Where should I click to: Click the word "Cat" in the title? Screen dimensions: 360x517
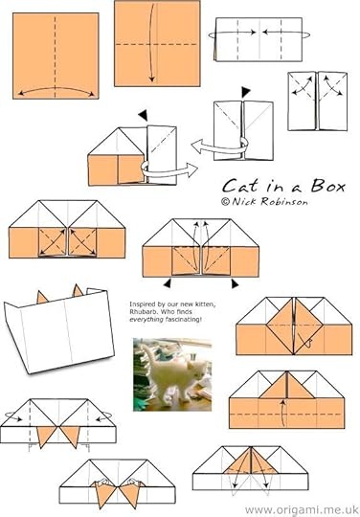[x=240, y=186]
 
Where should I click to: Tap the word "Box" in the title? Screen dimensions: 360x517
[x=328, y=186]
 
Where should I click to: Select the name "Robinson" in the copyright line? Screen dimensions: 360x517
[x=284, y=201]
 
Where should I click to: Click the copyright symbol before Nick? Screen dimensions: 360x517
[x=225, y=201]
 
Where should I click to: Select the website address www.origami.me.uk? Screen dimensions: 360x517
[x=302, y=509]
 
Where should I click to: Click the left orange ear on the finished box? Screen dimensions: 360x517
[x=42, y=298]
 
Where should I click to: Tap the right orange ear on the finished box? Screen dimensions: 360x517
[x=78, y=291]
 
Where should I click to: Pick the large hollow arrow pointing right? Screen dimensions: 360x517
[x=169, y=169]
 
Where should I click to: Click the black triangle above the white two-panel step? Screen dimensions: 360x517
[x=246, y=92]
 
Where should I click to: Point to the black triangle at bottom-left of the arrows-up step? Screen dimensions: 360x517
[x=168, y=283]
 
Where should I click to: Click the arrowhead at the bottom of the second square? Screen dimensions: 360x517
[x=151, y=79]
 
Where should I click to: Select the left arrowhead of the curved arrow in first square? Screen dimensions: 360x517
[x=20, y=93]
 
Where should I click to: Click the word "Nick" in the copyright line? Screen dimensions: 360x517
[x=245, y=201]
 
